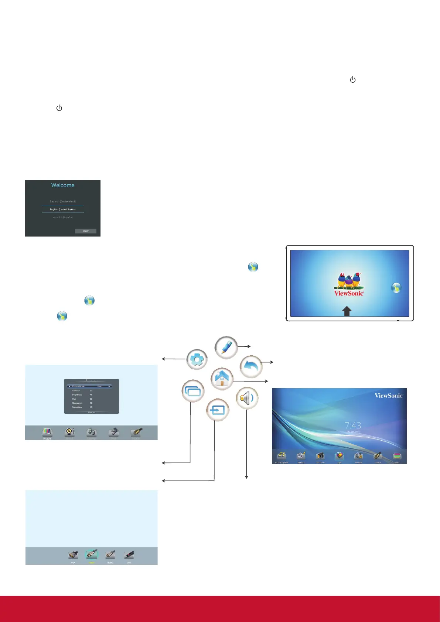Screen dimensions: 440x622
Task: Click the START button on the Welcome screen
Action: pos(85,231)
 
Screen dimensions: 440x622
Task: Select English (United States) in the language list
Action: pos(63,209)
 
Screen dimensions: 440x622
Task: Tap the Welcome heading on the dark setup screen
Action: pos(63,185)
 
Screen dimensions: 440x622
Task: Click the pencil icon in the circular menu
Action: pos(226,348)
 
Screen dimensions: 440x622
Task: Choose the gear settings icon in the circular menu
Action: pos(197,359)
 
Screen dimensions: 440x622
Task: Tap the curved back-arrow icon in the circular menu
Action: pos(251,367)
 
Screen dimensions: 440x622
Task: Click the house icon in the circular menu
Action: pos(222,379)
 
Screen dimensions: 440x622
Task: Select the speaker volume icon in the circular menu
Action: pos(247,398)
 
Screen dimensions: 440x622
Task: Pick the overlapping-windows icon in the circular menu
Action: pos(193,391)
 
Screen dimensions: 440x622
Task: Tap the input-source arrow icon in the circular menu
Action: pos(218,410)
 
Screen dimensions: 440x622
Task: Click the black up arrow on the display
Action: pos(347,311)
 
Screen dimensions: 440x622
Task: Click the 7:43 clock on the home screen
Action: pos(353,426)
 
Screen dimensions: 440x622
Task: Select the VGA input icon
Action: pos(73,555)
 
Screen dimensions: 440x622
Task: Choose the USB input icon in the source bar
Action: pos(129,555)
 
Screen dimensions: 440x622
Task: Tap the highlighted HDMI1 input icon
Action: pos(92,555)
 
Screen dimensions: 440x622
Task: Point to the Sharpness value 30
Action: pos(91,403)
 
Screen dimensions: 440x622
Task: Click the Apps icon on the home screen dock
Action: pos(339,457)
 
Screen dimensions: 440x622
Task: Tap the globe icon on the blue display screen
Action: pos(396,288)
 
